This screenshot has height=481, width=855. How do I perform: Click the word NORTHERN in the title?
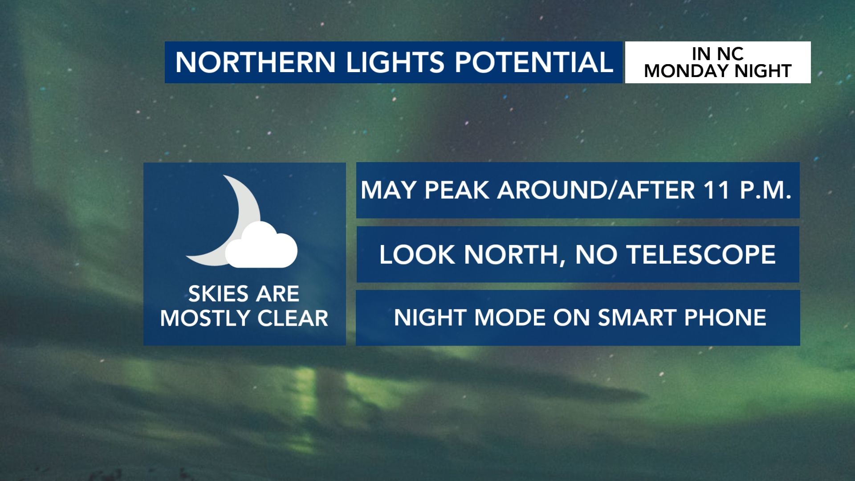click(256, 62)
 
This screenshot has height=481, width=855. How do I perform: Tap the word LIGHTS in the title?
click(395, 62)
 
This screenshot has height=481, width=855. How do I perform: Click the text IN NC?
click(717, 54)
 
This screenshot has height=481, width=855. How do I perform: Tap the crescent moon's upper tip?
click(224, 176)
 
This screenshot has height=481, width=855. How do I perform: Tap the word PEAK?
click(457, 190)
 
